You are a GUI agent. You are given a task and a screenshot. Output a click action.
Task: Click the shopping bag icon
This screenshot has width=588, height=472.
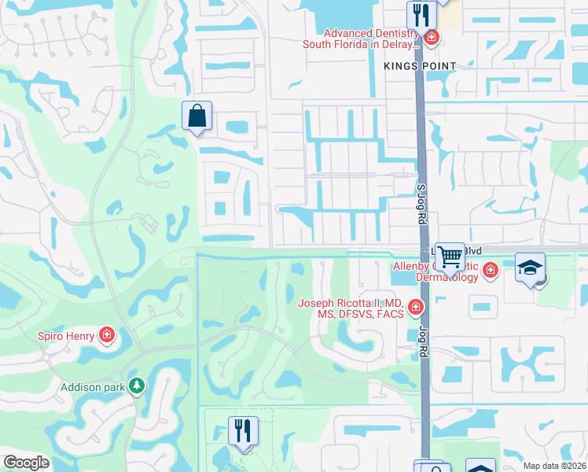point(197,116)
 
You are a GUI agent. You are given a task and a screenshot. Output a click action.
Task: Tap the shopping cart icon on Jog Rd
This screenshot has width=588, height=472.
point(450,255)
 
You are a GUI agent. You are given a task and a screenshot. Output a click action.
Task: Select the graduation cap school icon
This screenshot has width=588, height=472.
point(531,267)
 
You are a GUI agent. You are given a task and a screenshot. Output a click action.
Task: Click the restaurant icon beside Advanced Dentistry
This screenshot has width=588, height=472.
point(421,14)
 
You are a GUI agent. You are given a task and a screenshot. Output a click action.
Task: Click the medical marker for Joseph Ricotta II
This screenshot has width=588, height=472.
point(416,308)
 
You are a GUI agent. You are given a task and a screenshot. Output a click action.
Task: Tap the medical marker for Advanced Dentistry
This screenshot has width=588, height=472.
point(431,38)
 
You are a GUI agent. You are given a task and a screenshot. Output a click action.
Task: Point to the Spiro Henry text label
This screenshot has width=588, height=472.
point(67,336)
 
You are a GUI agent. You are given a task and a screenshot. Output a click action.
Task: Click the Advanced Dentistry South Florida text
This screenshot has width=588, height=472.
point(362,39)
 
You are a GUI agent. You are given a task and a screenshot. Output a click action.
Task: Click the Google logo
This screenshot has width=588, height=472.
point(26,462)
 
